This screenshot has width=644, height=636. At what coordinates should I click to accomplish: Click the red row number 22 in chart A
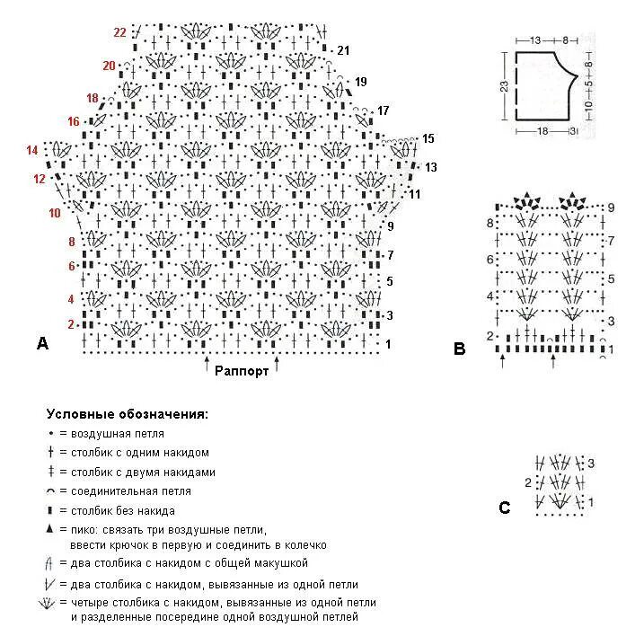119,32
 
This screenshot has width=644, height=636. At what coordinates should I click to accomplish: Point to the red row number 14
32,150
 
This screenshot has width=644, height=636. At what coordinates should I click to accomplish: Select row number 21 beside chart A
342,49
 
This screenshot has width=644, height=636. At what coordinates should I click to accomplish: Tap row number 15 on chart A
428,138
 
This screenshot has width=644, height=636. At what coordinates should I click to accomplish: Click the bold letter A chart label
42,342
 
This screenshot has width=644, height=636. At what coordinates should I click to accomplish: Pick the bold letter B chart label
459,349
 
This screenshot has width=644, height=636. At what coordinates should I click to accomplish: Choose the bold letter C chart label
504,508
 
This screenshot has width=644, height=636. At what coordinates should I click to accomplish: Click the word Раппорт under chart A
242,374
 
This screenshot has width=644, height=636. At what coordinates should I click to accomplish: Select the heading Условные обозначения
127,415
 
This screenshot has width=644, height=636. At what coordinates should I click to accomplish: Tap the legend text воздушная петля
123,433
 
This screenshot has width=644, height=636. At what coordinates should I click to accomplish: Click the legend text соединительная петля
131,491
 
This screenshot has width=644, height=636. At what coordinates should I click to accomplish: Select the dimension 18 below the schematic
542,131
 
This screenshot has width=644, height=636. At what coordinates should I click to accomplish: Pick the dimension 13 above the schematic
535,40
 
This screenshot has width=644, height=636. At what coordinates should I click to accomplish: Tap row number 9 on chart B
610,208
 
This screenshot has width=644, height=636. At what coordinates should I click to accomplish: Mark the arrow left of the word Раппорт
207,364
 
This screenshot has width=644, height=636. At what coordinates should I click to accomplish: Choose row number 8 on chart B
490,223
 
